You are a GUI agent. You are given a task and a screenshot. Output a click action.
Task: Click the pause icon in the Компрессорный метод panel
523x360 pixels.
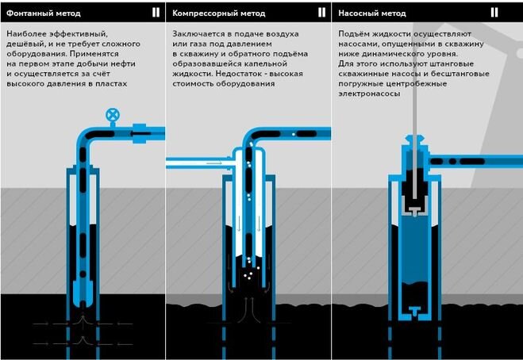pyautogui.click(x=321, y=13)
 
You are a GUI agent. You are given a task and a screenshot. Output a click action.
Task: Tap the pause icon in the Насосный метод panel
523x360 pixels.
pyautogui.click(x=495, y=13)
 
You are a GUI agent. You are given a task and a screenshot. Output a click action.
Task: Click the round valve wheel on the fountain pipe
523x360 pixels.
pyautogui.click(x=112, y=116)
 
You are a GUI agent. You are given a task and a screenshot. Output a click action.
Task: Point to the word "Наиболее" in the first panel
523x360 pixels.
pyautogui.click(x=28, y=34)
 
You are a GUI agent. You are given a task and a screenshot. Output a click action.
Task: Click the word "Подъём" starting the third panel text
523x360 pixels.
pyautogui.click(x=356, y=34)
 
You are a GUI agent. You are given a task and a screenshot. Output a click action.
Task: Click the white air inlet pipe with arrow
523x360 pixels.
pyautogui.click(x=195, y=163)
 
